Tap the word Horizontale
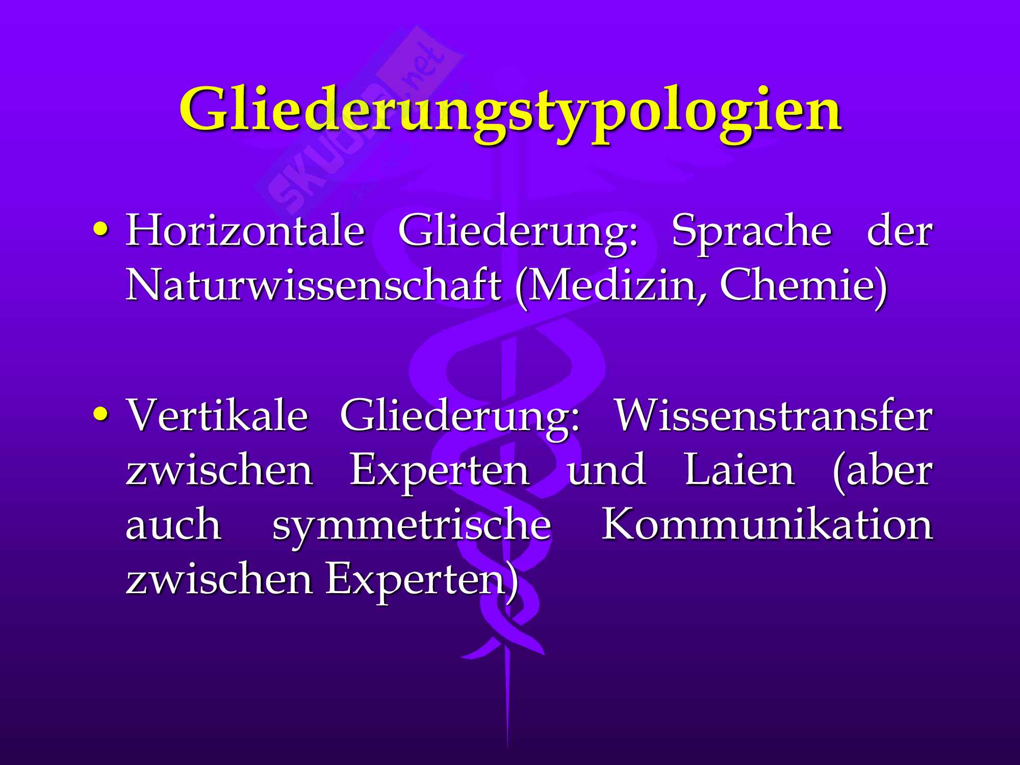point(245,231)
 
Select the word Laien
point(739,470)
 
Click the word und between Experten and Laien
point(607,470)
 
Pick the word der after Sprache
point(900,231)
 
